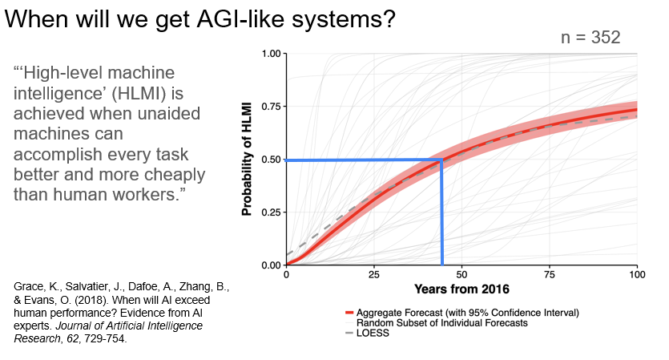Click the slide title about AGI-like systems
200,19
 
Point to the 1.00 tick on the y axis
268,54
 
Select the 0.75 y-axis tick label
268,107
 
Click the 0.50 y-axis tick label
268,160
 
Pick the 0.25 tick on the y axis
268,212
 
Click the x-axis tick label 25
374,274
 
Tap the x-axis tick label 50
461,274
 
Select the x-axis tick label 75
550,274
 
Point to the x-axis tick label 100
636,274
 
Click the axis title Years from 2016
462,288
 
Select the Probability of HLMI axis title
247,159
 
